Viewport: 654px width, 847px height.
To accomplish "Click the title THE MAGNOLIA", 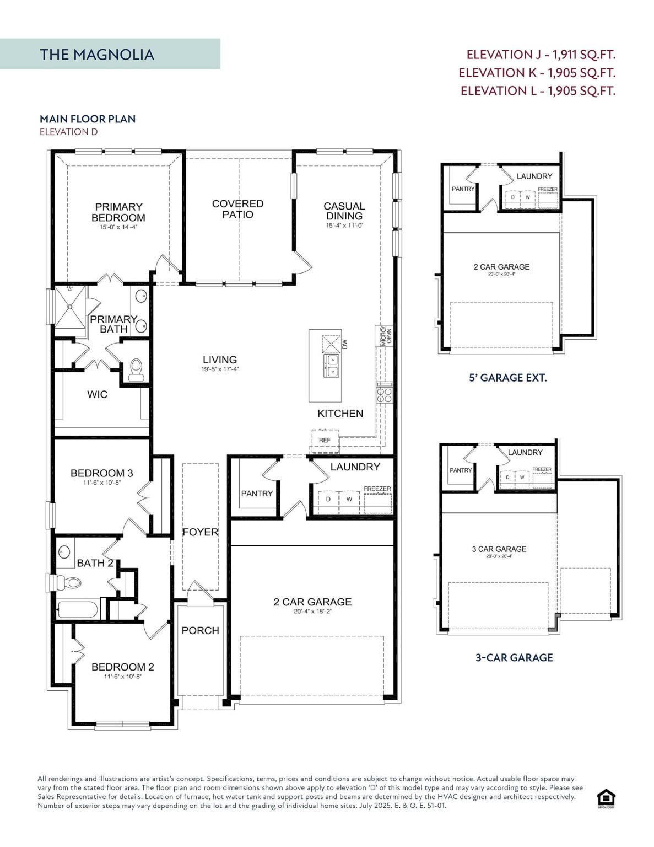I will coord(97,55).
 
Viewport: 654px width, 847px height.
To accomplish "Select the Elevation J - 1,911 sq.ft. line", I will coord(541,55).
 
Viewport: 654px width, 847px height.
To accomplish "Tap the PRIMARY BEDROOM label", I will coord(118,212).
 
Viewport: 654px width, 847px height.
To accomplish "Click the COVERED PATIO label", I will coord(237,209).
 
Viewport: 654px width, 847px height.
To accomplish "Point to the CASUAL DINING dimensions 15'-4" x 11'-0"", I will coord(344,226).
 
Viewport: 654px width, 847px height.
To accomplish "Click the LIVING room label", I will coord(220,360).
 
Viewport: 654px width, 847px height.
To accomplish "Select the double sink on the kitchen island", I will coord(332,365).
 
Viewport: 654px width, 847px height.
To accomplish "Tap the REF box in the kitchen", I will coord(325,440).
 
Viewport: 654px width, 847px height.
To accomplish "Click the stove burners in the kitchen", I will coord(384,395).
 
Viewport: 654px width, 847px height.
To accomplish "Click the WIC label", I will coord(97,394).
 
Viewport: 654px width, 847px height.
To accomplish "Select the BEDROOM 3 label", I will coord(101,473).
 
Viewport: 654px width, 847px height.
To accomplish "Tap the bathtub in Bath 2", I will coord(78,610).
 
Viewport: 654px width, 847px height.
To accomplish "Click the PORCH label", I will coord(200,630).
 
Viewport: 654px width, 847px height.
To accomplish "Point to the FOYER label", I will coord(200,532).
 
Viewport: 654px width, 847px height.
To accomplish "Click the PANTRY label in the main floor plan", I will coord(257,494).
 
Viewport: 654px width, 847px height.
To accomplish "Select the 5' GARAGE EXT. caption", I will coord(507,378).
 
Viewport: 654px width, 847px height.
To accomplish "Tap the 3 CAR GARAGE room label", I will coord(499,549).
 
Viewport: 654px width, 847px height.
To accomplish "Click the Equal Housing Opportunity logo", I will coord(606,798).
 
